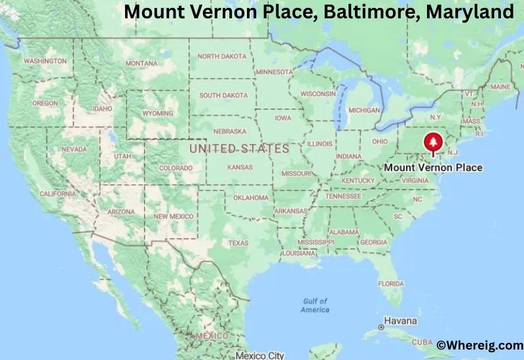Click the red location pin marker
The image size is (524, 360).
click(432, 142)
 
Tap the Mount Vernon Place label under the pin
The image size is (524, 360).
click(433, 168)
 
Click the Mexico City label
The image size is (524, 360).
click(260, 355)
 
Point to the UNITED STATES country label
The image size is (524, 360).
click(238, 149)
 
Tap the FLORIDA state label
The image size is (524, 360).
click(391, 283)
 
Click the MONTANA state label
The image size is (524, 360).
click(141, 63)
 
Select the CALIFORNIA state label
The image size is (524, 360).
click(57, 194)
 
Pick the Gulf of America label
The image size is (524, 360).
click(315, 305)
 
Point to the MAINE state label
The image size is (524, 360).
click(500, 87)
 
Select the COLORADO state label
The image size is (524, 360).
click(176, 168)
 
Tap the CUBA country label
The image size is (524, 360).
click(422, 342)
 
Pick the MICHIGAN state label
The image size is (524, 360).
click(364, 110)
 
